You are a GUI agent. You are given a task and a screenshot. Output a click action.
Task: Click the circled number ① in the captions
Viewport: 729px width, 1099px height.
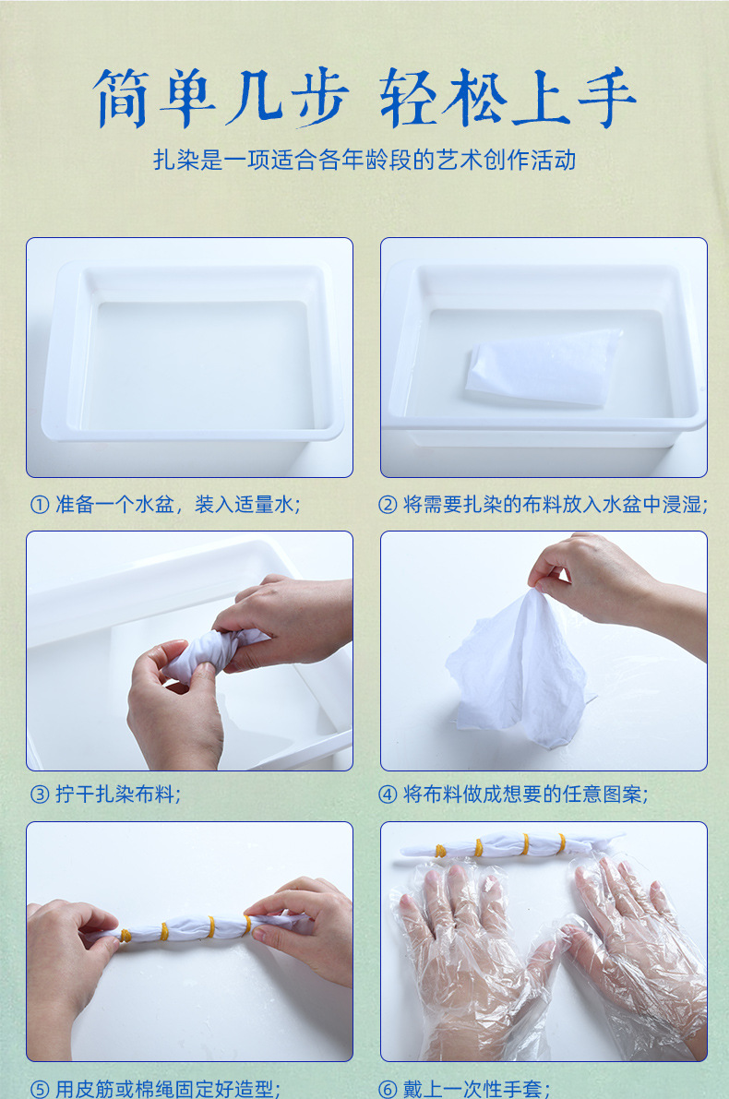(40, 505)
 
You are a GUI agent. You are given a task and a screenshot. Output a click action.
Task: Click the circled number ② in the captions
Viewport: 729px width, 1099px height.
(388, 505)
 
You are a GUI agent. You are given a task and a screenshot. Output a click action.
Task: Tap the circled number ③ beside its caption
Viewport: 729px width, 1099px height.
(40, 794)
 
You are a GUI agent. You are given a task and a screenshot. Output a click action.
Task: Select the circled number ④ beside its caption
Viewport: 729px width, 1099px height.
(388, 794)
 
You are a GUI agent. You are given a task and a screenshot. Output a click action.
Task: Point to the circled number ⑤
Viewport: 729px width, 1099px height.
(40, 1089)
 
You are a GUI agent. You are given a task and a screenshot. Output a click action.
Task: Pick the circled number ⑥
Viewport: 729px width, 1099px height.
(388, 1089)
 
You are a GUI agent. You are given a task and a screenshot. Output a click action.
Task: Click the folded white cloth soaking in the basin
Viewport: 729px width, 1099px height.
(544, 367)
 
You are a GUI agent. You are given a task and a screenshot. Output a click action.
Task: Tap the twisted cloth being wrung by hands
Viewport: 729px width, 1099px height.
(210, 652)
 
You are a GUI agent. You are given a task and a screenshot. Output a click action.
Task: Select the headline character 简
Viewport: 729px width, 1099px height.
(121, 98)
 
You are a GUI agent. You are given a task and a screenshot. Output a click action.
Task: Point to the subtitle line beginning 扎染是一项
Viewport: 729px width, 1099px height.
(364, 160)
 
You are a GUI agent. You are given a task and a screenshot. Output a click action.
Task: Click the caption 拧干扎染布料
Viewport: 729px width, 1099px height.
(118, 794)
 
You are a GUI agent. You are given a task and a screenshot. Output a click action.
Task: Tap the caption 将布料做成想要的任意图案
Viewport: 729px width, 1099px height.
(526, 794)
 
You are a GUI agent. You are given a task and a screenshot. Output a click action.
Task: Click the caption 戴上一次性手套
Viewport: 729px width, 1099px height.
(477, 1089)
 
